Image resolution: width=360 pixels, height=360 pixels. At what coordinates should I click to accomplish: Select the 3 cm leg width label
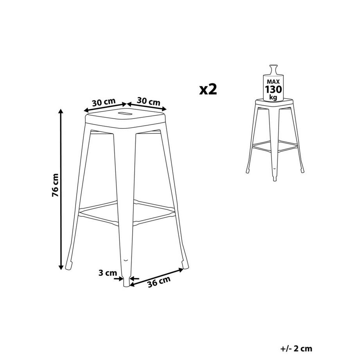[107, 274]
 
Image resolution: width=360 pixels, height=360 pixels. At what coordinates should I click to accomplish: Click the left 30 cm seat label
[104, 103]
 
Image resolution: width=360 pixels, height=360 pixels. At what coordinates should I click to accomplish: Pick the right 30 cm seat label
[149, 102]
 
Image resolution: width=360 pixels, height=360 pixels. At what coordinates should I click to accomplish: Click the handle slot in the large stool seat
[124, 113]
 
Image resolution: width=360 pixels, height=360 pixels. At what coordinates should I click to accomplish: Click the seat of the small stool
[274, 103]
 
